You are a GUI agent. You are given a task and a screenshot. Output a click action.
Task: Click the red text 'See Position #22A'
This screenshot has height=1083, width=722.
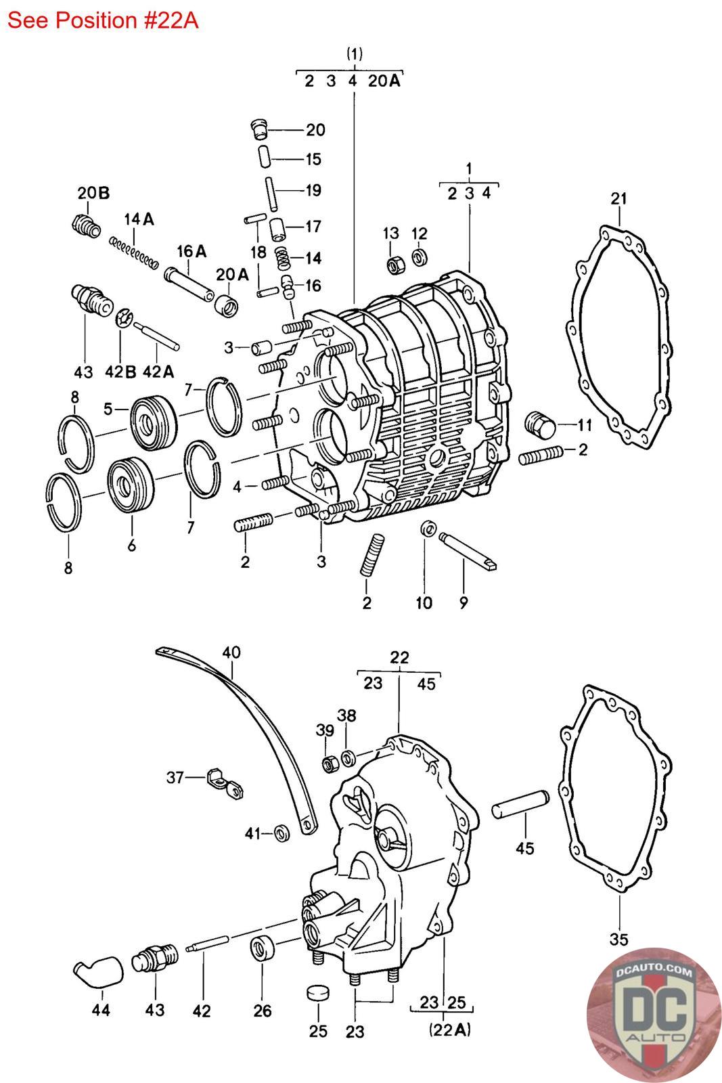[103, 20]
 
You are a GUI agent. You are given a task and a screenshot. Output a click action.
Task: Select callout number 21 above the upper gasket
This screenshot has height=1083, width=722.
[618, 198]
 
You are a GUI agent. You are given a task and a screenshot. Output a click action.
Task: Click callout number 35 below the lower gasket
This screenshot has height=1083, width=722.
[618, 939]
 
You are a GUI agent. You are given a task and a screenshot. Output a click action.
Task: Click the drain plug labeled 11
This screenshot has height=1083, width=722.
[539, 425]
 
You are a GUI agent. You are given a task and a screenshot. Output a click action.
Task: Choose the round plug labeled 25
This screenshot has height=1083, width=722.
[317, 993]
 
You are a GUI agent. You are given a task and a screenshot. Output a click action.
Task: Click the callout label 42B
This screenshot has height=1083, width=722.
[120, 372]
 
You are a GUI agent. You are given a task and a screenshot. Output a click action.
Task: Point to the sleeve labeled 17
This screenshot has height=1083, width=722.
[278, 228]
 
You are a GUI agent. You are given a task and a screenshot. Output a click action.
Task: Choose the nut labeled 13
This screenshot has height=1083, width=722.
[394, 264]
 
